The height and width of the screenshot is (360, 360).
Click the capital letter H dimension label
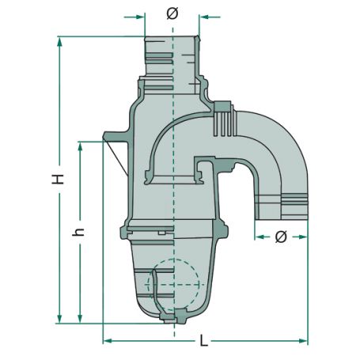click(x=59, y=180)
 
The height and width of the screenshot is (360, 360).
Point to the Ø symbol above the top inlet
click(x=172, y=14)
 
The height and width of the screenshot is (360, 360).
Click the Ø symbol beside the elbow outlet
click(x=281, y=237)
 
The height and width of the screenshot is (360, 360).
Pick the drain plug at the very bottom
click(x=171, y=316)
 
